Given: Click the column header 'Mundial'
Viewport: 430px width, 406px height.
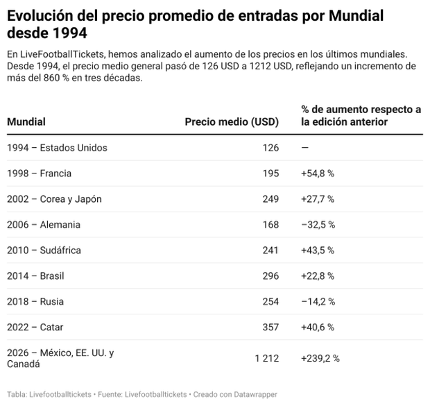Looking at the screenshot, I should pos(26,122).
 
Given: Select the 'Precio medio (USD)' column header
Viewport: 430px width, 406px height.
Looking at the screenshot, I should pos(232,122).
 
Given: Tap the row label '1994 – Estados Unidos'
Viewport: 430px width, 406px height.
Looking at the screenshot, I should pos(57,148).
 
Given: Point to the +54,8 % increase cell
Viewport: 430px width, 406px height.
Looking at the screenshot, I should pos(318,174).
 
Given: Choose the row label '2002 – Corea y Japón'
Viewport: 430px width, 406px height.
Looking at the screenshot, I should pos(54,199).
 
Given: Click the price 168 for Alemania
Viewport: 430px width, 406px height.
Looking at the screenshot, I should pos(270,225).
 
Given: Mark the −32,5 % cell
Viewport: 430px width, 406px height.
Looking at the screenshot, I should pos(318,225).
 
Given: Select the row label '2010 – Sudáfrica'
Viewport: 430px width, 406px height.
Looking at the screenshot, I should pos(44,251).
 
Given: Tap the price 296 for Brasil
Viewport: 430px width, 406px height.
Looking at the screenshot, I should pos(270,276).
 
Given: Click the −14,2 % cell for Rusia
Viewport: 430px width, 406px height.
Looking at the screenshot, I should pos(318,302).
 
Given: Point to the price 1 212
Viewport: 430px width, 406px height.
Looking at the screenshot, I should pos(266,358).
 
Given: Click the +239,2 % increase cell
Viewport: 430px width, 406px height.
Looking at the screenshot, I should pos(320,358).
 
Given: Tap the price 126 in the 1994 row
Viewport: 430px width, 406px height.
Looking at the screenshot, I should pos(270,148).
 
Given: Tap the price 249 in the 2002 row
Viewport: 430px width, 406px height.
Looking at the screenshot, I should pos(270,199).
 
